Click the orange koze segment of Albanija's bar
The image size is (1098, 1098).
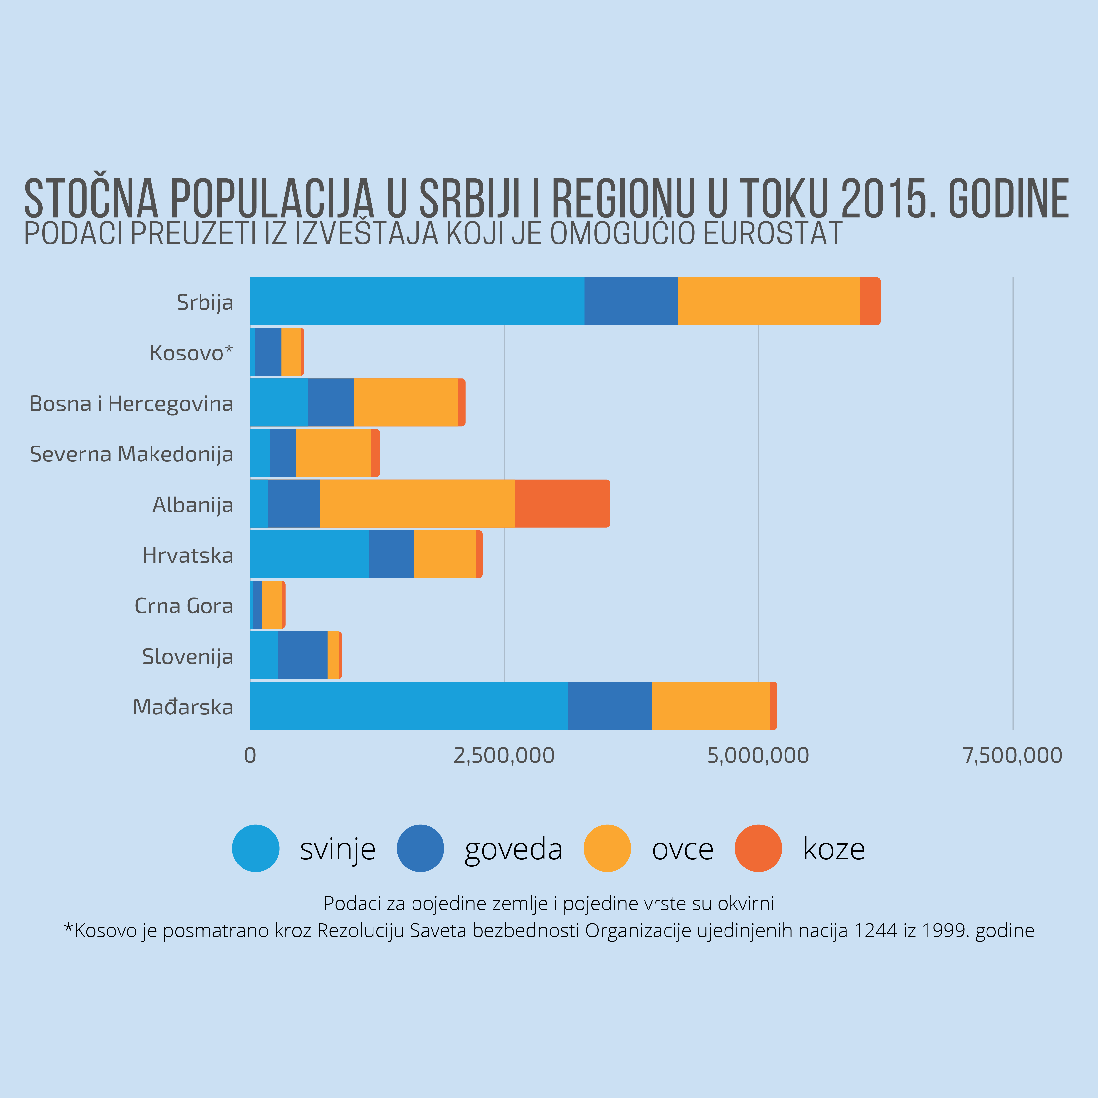coord(562,504)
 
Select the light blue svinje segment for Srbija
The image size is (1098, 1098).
coord(417,301)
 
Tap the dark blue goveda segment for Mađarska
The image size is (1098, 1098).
coord(610,706)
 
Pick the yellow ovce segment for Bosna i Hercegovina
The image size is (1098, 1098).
coord(406,402)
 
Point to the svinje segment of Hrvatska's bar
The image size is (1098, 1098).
coord(309,554)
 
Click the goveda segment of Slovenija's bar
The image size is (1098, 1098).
coord(302,655)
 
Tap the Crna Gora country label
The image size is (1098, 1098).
coord(183,606)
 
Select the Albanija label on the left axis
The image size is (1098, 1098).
coord(193,505)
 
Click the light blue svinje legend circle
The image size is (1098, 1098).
coord(256,848)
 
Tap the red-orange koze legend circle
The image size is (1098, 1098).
coord(758,848)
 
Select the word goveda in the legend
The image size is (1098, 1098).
coord(513,849)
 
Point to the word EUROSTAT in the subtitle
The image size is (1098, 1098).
coord(773,234)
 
